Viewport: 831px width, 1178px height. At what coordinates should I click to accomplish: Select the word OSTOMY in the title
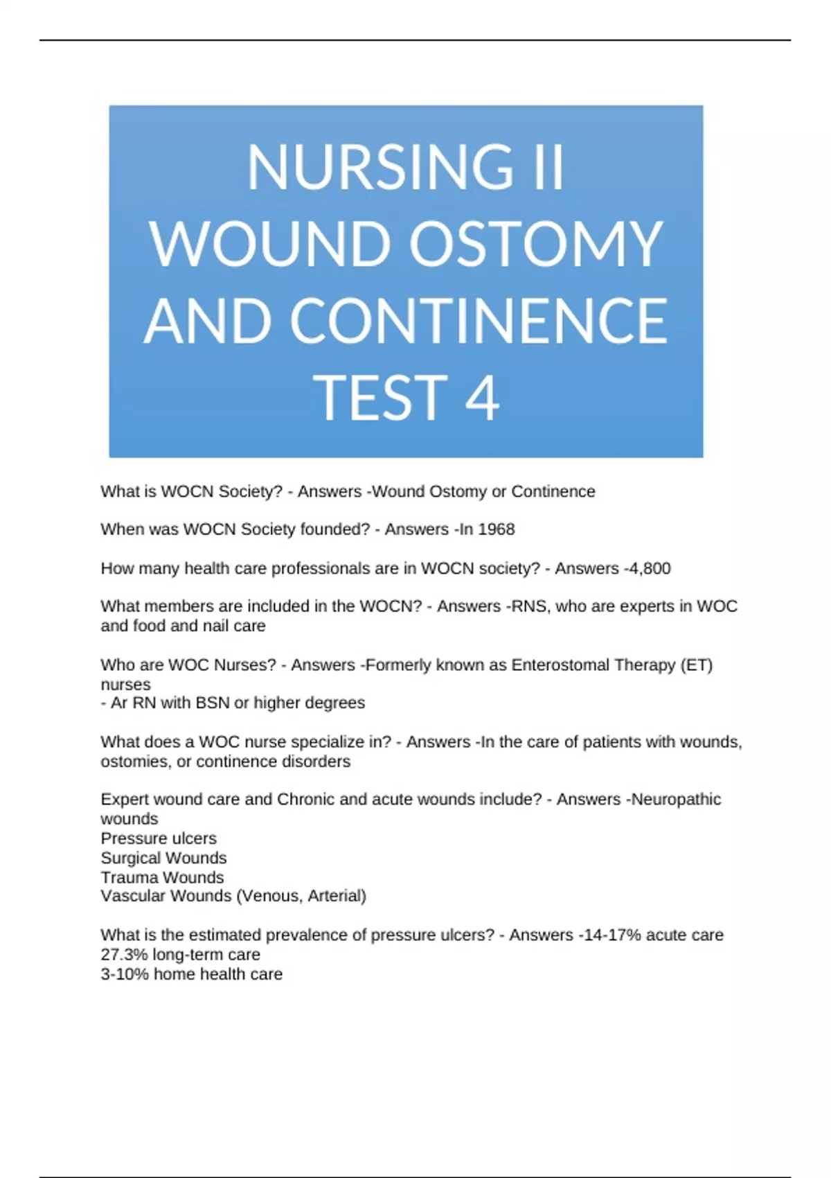click(x=536, y=244)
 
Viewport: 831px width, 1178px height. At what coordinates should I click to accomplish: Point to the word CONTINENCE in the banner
click(x=479, y=321)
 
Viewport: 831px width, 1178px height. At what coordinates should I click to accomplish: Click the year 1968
click(x=496, y=529)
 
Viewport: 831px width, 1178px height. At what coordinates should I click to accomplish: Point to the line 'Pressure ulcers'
click(x=159, y=838)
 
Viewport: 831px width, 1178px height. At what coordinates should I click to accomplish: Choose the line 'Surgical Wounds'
click(x=163, y=858)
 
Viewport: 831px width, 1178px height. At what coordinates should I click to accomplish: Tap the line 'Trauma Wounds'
click(x=162, y=877)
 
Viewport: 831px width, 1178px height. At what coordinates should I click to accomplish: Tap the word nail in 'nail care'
click(x=215, y=626)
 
